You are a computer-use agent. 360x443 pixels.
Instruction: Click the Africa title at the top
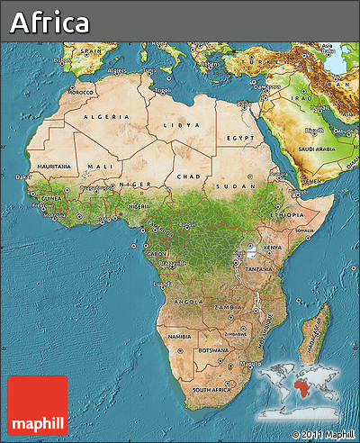pos(50,23)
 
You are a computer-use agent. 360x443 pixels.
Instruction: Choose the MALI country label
pos(100,167)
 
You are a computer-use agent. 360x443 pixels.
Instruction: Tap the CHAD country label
pos(190,176)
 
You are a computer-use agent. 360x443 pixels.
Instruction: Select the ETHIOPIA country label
pos(287,216)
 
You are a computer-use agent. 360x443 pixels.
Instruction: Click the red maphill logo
pos(38,405)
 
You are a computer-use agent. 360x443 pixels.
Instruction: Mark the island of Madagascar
pos(315,335)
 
